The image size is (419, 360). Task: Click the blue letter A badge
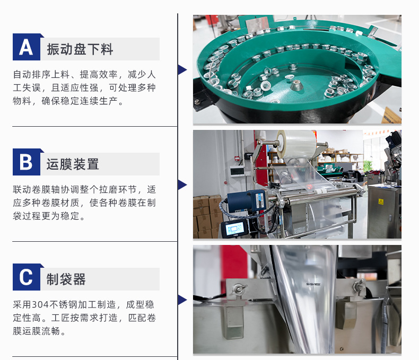(x=27, y=47)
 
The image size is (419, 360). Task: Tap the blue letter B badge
(x=27, y=162)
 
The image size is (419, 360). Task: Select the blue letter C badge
(x=27, y=277)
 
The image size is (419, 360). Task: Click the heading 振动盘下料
(x=80, y=49)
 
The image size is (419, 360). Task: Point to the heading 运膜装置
(x=73, y=164)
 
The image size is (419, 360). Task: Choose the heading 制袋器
(x=66, y=279)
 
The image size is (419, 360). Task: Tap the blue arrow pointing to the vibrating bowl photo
(x=182, y=69)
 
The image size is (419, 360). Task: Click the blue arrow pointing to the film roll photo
(x=182, y=185)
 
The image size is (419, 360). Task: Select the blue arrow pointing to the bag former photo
(x=182, y=300)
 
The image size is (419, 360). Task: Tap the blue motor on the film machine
(x=247, y=201)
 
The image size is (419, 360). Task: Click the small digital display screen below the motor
(x=234, y=229)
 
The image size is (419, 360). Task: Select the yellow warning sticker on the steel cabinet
(x=381, y=201)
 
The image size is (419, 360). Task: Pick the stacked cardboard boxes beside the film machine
(x=206, y=217)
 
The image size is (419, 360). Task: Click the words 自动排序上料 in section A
(x=41, y=75)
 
